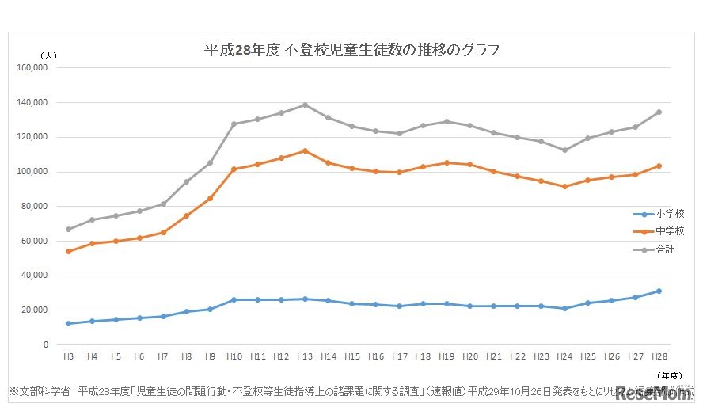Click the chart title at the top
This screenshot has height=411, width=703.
pos(351,50)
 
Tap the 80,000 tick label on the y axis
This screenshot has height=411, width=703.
pos(34,207)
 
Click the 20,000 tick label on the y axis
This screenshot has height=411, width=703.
pos(34,310)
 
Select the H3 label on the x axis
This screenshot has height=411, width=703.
pos(68,357)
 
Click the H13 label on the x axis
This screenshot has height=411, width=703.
pos(305,357)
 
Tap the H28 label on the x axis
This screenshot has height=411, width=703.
pos(658,357)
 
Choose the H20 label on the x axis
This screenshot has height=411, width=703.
pos(469,357)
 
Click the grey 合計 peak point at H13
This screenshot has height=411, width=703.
pos(305,105)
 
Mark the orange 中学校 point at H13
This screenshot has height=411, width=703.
pos(305,150)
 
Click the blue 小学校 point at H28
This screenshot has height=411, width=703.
pos(658,291)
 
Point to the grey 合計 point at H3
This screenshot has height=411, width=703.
pos(68,230)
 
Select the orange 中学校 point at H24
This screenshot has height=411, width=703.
pos(564,187)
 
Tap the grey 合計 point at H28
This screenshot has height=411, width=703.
pos(658,112)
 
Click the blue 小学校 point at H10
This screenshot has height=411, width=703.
pos(234,299)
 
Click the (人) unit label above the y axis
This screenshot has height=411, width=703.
pos(48,55)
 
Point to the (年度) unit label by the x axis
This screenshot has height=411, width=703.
pos(671,374)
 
